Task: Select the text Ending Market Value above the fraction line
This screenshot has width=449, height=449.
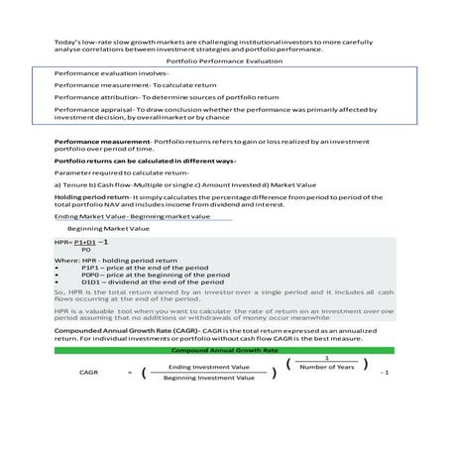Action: [89, 215]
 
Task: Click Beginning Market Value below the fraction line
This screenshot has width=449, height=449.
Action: [109, 228]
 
